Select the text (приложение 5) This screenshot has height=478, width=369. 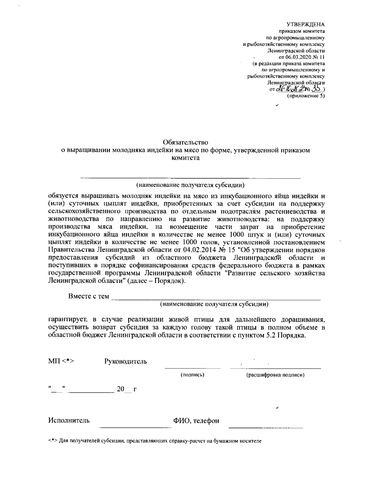click(306, 96)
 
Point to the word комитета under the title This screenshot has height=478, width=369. click(185, 159)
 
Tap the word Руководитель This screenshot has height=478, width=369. click(125, 361)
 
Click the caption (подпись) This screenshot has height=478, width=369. click(192, 375)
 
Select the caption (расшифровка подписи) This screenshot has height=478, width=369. click(275, 375)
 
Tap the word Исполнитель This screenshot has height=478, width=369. click(69, 420)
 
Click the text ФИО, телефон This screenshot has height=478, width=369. click(196, 421)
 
